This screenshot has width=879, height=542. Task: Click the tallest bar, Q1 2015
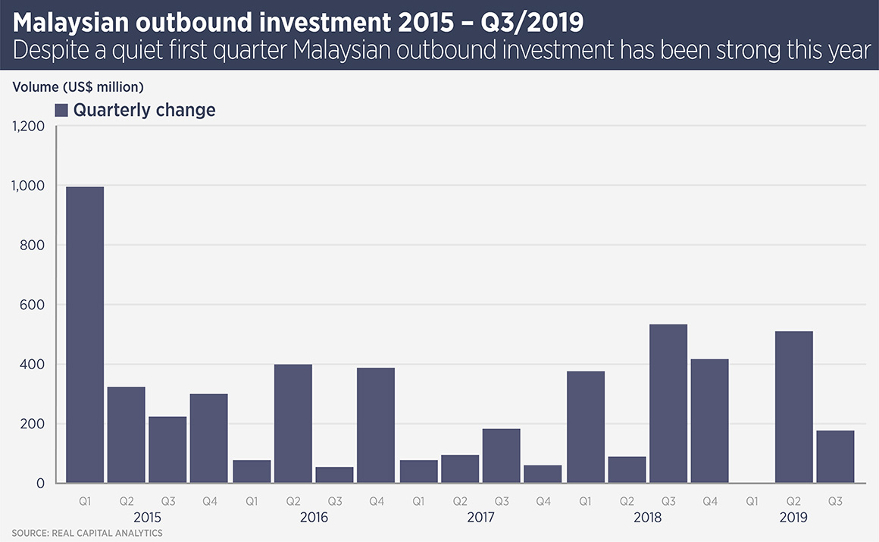[x=84, y=334]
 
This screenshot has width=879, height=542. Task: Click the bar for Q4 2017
[x=543, y=474]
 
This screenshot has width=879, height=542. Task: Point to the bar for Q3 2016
[x=334, y=475]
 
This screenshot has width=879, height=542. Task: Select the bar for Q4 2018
[x=709, y=421]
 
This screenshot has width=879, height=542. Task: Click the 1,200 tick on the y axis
[x=29, y=126]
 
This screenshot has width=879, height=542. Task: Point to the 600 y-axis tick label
[x=34, y=305]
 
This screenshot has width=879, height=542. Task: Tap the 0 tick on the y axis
[x=42, y=484]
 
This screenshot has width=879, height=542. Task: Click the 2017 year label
[x=480, y=518]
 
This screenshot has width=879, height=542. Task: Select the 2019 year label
[x=793, y=518]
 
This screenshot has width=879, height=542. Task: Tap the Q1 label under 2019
[x=752, y=501]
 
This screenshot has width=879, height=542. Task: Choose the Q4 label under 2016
[x=376, y=501]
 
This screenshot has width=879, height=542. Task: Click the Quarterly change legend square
[x=62, y=110]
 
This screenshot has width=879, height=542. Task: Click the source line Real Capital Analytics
[x=87, y=534]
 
